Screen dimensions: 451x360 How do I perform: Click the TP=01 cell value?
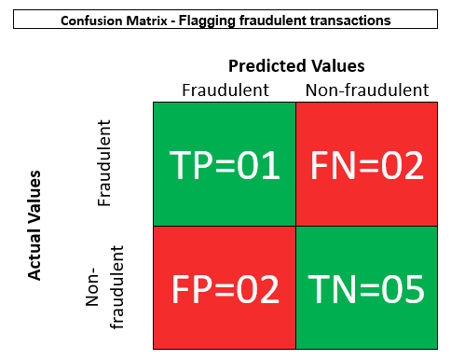tap(225, 165)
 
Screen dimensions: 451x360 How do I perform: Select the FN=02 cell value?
tap(367, 165)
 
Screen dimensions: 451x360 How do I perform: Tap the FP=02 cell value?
tap(225, 289)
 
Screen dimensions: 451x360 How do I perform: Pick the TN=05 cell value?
tap(366, 289)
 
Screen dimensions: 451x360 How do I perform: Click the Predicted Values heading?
tap(296, 66)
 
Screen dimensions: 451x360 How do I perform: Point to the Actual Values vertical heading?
tap(34, 225)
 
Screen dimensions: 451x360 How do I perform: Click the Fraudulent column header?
tap(225, 90)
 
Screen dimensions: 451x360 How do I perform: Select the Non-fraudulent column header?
tap(367, 90)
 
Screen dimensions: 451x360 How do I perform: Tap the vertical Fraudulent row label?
tap(103, 163)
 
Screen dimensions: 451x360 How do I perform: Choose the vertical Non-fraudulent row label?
tap(104, 287)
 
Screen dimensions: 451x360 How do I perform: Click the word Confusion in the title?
tap(92, 21)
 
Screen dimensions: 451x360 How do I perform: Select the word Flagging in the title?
tap(208, 21)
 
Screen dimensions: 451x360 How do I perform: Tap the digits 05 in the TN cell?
tap(403, 289)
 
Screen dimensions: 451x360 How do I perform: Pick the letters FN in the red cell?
tap(333, 165)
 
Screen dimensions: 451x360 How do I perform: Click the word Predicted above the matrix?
tap(267, 66)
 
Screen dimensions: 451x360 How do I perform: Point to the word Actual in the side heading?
tap(34, 259)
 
